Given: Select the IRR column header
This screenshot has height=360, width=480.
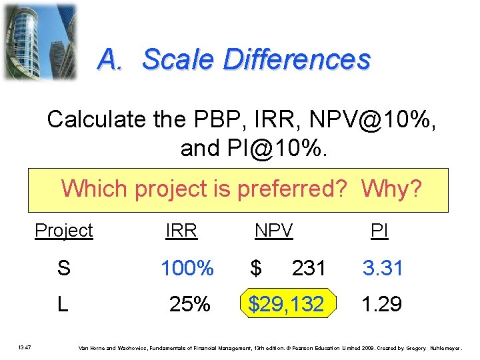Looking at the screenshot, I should (181, 231).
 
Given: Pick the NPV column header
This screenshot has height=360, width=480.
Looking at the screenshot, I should (273, 231).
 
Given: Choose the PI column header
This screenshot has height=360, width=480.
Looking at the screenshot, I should (379, 231).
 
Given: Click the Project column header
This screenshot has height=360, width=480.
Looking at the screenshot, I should (63, 231).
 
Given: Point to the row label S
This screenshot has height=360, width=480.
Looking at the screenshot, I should (63, 268).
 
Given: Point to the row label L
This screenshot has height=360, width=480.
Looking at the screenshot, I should (62, 305).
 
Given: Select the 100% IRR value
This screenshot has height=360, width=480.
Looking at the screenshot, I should (187, 268).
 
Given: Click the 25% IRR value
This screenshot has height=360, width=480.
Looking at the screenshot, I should (191, 305).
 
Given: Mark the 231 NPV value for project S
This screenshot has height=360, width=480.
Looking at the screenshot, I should (308, 268).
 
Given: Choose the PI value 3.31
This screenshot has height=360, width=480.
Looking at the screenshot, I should (383, 268).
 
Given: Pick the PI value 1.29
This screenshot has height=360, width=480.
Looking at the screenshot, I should (381, 305).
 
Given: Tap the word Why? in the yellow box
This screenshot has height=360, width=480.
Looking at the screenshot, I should (391, 189).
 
